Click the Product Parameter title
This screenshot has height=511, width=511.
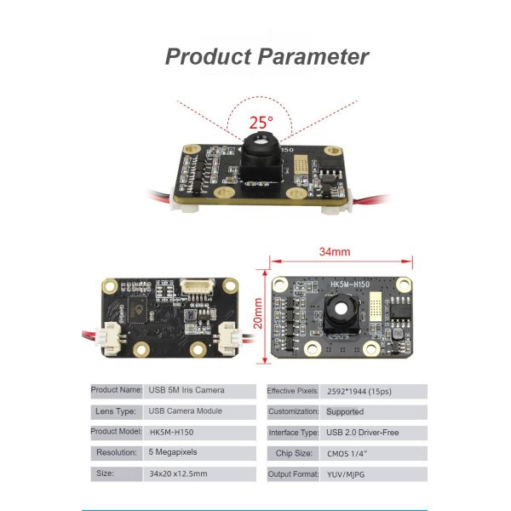pyautogui.click(x=267, y=57)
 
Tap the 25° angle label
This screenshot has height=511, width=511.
pyautogui.click(x=261, y=123)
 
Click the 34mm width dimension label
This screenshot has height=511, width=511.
pyautogui.click(x=335, y=252)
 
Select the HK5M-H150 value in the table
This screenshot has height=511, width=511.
pyautogui.click(x=178, y=432)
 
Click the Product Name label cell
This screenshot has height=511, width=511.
pyautogui.click(x=117, y=390)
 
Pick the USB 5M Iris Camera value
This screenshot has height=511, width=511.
pyautogui.click(x=187, y=390)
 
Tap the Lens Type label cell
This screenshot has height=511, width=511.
pyautogui.click(x=117, y=411)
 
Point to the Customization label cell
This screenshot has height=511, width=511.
pyautogui.click(x=294, y=411)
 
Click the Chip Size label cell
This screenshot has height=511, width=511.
pyautogui.click(x=294, y=453)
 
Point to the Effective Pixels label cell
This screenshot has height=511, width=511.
pyautogui.click(x=294, y=390)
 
